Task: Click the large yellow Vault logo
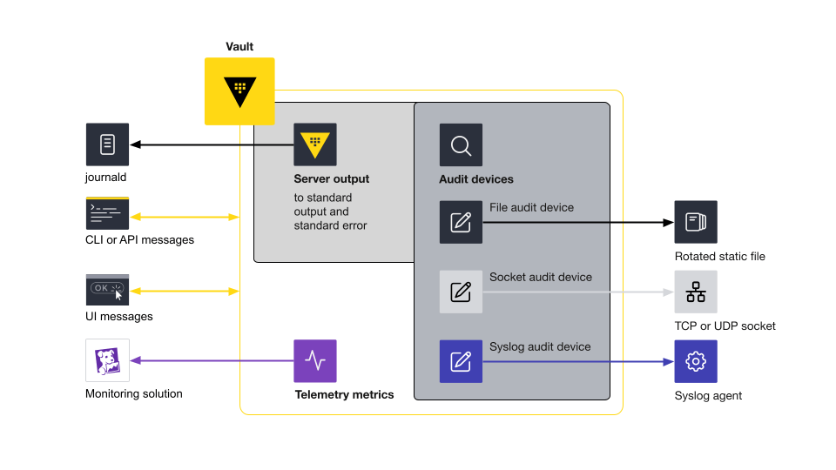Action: tap(239, 91)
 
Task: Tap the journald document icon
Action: tap(107, 144)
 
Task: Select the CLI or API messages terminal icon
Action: tap(107, 213)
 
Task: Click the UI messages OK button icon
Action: tap(107, 290)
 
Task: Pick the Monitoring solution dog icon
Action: tap(107, 360)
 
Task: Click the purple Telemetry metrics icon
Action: tap(315, 360)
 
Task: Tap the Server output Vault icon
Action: tap(315, 144)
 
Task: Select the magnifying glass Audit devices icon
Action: tap(461, 145)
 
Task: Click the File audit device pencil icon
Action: tap(461, 222)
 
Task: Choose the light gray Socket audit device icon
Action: tap(461, 292)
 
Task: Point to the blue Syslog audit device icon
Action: tap(461, 361)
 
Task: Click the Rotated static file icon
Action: tap(696, 222)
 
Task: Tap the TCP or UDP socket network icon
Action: tap(696, 292)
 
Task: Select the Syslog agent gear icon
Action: tap(696, 361)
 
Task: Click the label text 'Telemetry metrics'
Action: tap(344, 394)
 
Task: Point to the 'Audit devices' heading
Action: tap(475, 179)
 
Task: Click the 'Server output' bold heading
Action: tap(331, 178)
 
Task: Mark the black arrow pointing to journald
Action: tap(209, 144)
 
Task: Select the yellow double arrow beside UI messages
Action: tap(185, 292)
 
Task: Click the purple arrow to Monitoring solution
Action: tap(209, 360)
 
